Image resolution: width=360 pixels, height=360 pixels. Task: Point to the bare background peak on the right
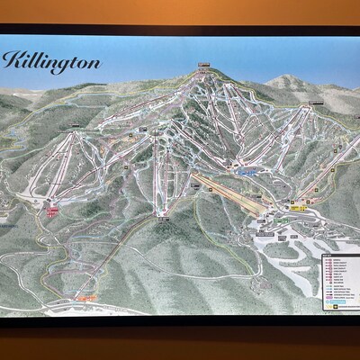pyautogui.click(x=286, y=83)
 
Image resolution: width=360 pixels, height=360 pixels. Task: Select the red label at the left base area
pyautogui.click(x=52, y=212)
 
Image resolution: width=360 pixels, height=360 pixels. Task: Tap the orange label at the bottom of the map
pyautogui.click(x=87, y=295)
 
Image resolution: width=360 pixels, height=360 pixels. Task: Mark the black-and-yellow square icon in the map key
pyautogui.click(x=330, y=305)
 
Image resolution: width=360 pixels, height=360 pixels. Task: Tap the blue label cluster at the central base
pyautogui.click(x=248, y=168)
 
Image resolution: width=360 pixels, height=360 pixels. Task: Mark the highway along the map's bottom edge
pyautogui.click(x=180, y=310)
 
